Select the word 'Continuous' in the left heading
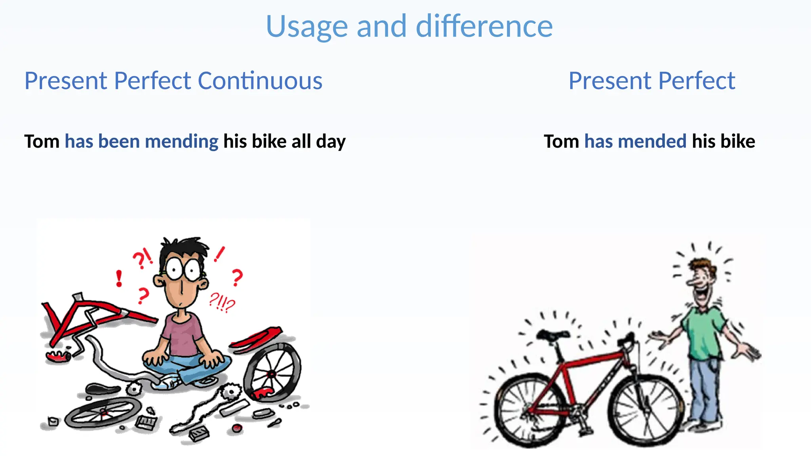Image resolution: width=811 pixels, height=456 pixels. [260, 81]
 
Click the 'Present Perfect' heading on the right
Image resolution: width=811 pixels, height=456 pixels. [651, 81]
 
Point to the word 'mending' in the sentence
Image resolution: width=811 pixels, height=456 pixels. [182, 141]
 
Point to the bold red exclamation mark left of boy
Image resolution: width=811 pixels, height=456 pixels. [119, 278]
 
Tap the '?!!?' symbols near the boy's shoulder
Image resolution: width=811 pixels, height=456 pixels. [222, 303]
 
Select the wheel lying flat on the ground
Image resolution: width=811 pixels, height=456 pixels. [103, 412]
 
